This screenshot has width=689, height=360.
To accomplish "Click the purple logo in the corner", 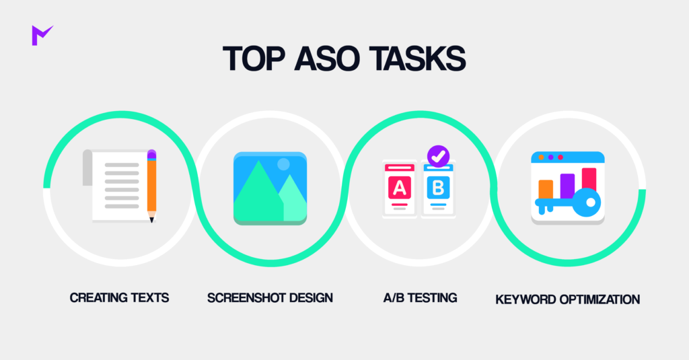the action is click(x=42, y=35).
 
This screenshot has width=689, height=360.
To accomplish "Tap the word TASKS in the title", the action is click(x=417, y=59).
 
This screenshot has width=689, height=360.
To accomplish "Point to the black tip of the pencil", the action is click(x=151, y=220).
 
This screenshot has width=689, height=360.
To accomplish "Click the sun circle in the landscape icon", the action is click(x=283, y=164).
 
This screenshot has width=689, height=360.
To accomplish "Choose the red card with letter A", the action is click(x=400, y=188).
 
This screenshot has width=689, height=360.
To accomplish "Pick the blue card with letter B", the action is click(x=438, y=188).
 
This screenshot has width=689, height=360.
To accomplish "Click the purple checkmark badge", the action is click(x=438, y=156).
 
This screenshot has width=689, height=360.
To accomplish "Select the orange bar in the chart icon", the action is click(x=546, y=190).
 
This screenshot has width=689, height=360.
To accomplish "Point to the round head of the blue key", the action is click(x=586, y=203).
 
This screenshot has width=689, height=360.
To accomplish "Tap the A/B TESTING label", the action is click(x=420, y=298).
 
